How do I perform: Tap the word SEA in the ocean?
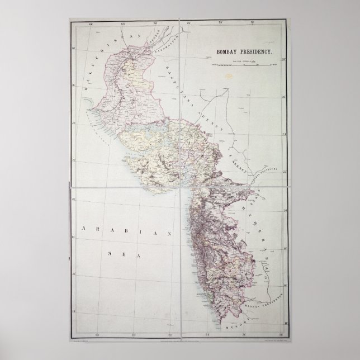[114, 253]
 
